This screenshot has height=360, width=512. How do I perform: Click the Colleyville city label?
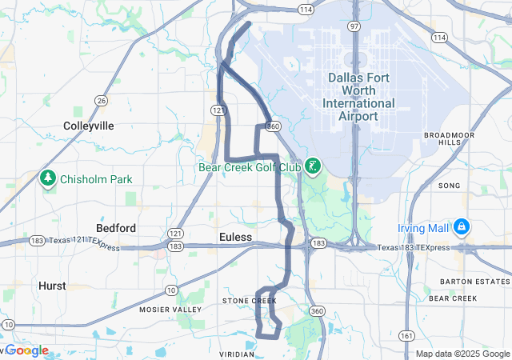coord(89,126)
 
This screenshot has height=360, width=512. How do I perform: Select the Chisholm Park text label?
coord(97,179)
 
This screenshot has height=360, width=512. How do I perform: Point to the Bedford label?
coord(116,228)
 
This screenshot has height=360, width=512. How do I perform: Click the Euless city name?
coord(235,238)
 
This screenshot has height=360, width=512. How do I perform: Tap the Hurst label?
coord(53,286)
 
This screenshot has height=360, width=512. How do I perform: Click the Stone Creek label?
coord(249,301)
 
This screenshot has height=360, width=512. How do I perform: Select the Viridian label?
coord(236,352)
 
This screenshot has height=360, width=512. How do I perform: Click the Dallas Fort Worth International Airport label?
coord(358,96)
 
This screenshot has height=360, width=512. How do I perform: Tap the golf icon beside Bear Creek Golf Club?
coord(312,166)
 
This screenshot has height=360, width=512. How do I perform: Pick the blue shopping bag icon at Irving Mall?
coord(461,228)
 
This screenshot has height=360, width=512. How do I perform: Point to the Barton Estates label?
coord(463,282)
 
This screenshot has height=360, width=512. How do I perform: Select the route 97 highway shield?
coord(354,26)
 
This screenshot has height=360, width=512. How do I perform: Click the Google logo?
coord(27,350)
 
